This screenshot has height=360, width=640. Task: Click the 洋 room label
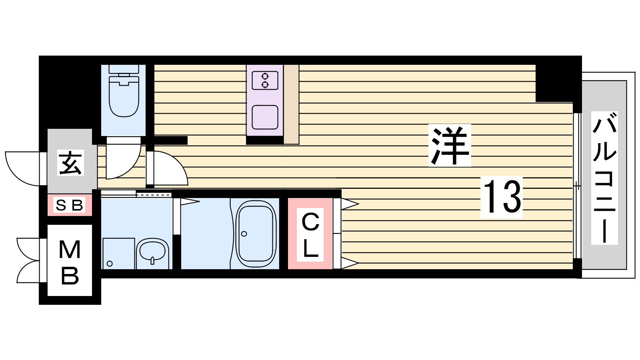[450, 146]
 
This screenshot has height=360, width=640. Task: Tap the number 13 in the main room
[502, 197]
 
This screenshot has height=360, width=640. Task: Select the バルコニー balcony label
[604, 178]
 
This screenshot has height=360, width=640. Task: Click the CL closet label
[310, 234]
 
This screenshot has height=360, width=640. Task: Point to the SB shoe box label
[70, 205]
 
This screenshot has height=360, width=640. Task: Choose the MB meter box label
[70, 262]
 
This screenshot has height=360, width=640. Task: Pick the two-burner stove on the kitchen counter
[265, 80]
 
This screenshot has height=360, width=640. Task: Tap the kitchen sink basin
[265, 117]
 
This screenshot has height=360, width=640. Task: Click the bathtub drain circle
[244, 234]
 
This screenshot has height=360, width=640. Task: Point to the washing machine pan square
[118, 254]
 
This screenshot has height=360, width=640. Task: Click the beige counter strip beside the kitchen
[291, 104]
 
